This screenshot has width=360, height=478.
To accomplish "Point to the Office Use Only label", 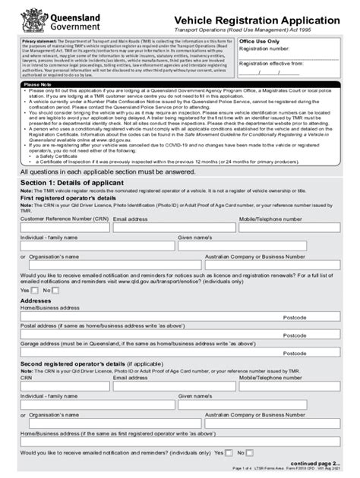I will pyautogui.click(x=260, y=42).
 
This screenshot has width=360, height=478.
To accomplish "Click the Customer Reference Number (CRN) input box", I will pyautogui.click(x=64, y=230).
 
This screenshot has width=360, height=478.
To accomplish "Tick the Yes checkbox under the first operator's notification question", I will pyautogui.click(x=35, y=290).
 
